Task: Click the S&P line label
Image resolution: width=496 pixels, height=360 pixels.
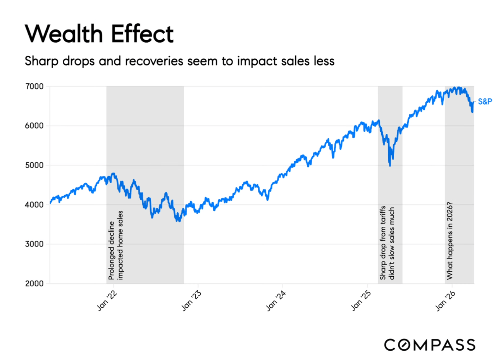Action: (x=484, y=102)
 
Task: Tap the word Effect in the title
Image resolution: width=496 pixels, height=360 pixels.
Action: (x=142, y=34)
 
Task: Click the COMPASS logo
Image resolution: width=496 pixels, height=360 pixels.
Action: (x=429, y=344)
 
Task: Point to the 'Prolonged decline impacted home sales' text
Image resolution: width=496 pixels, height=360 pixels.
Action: (x=115, y=245)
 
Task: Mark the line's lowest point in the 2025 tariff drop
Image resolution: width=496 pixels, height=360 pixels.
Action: (x=389, y=166)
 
